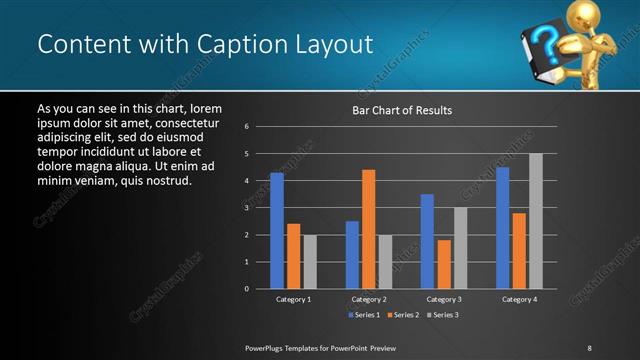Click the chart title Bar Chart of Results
click(401, 110)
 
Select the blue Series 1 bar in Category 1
click(277, 230)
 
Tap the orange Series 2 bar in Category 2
click(369, 229)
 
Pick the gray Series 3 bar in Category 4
click(536, 221)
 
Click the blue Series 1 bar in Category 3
click(427, 241)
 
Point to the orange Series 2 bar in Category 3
click(444, 264)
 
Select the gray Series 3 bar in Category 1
click(310, 261)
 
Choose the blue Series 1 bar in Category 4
click(503, 227)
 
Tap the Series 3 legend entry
click(444, 315)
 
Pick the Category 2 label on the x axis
click(369, 299)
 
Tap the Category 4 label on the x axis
click(519, 299)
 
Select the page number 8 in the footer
click(589, 348)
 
